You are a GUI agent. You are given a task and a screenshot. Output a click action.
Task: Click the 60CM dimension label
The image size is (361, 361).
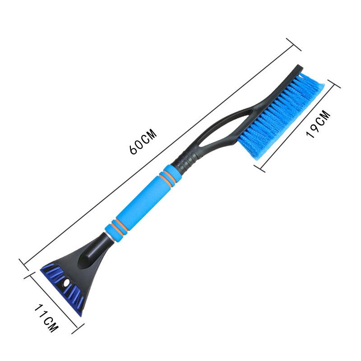pos(143,142)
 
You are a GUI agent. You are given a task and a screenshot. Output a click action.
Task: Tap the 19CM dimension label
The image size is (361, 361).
pos(319,124)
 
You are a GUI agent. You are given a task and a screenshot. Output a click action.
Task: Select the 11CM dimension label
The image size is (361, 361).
pos(46,318)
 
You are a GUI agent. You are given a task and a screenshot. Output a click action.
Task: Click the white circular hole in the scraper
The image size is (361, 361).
pos(67,282)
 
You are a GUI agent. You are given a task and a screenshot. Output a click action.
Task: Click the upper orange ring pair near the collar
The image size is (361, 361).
pos(170,176)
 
